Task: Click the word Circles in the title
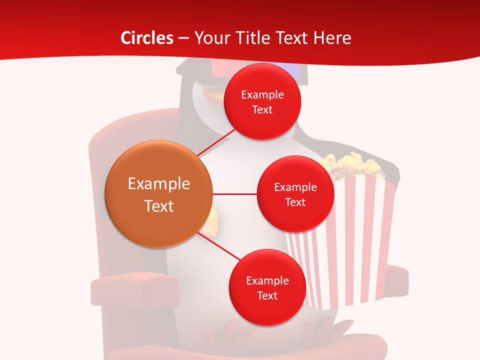(146, 38)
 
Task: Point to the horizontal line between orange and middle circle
(235, 194)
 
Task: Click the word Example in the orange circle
(158, 184)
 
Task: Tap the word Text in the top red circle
(262, 109)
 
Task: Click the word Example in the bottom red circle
(267, 280)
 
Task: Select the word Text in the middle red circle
(295, 202)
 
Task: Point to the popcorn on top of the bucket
(350, 162)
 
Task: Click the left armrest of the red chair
(135, 290)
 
